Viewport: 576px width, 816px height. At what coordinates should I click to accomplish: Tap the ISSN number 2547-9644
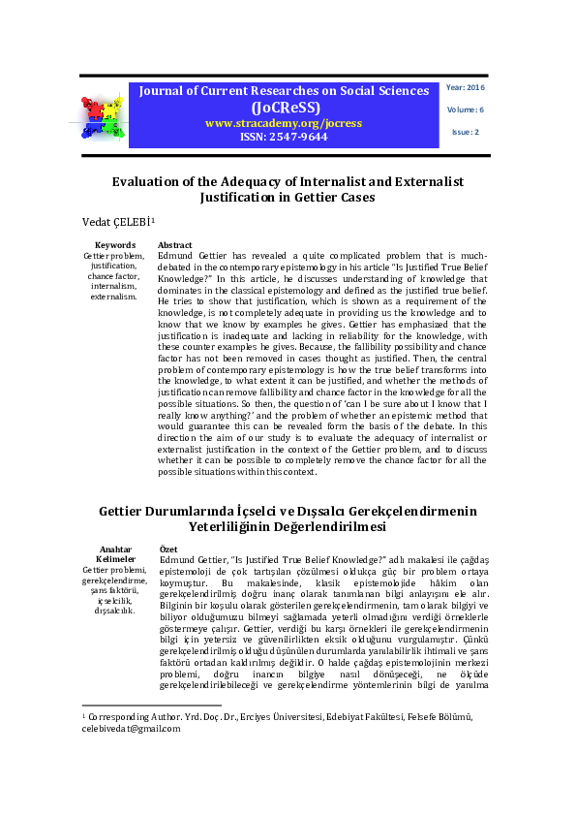[284, 137]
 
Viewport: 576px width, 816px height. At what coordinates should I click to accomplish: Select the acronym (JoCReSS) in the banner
[284, 108]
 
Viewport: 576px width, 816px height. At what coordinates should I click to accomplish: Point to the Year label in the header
[457, 88]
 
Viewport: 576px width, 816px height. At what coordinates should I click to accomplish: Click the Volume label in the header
[460, 110]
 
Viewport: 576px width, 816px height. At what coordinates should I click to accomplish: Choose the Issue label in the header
[466, 131]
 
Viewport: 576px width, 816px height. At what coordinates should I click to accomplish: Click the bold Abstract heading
[174, 245]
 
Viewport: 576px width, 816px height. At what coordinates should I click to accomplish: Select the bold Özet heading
[167, 549]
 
